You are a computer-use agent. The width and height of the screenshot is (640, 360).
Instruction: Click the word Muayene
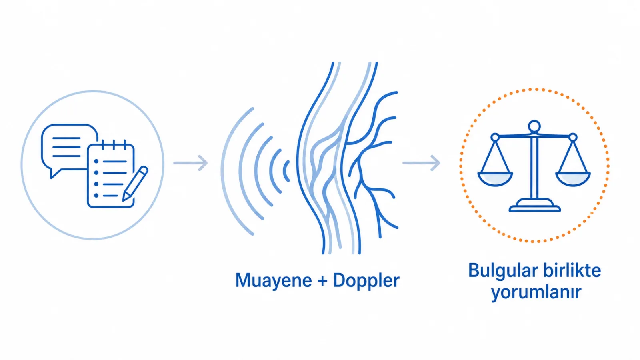[x=274, y=281]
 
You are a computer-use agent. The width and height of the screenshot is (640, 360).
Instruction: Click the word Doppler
[x=366, y=281]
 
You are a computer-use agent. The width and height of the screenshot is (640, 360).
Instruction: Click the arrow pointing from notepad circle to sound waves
[x=190, y=163]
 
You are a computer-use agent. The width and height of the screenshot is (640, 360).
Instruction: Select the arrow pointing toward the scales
[x=422, y=163]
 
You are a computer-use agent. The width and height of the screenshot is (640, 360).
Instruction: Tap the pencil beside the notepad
[x=135, y=184]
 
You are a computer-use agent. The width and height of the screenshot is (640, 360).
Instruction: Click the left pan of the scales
[x=495, y=179]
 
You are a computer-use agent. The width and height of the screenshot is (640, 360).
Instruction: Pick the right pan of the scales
[x=573, y=179]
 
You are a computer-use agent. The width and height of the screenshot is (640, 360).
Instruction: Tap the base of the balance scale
[x=534, y=206]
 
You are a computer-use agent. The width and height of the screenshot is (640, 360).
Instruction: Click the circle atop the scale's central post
[x=534, y=126]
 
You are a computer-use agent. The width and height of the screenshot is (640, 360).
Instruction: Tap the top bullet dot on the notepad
[x=96, y=162]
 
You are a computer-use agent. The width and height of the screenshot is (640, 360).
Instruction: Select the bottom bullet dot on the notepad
[x=96, y=196]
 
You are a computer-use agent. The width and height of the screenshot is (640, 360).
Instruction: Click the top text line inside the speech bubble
[x=66, y=138]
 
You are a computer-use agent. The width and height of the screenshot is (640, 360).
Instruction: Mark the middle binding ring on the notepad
[x=114, y=145]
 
